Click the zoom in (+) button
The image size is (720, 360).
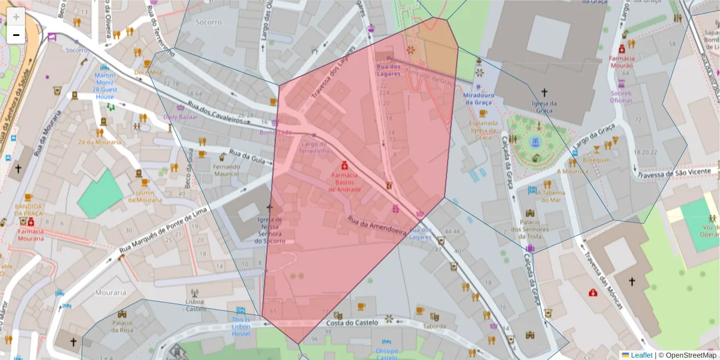point(16,17)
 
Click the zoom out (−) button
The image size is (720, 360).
point(16,35)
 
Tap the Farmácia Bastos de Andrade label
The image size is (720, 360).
point(345,182)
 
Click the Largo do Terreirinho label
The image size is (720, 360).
point(315,148)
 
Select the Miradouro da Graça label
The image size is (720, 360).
point(479,98)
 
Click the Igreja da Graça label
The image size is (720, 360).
point(544,106)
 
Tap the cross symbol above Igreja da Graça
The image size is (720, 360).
point(544,92)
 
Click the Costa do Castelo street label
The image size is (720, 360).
point(352,323)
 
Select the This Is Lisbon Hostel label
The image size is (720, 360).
point(241,326)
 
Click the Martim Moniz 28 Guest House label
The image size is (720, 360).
point(104,86)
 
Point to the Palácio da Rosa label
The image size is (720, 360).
point(122,326)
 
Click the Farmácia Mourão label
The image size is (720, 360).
point(622,62)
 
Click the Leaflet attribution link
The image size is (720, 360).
point(641,355)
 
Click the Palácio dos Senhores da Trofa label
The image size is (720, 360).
point(530,230)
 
